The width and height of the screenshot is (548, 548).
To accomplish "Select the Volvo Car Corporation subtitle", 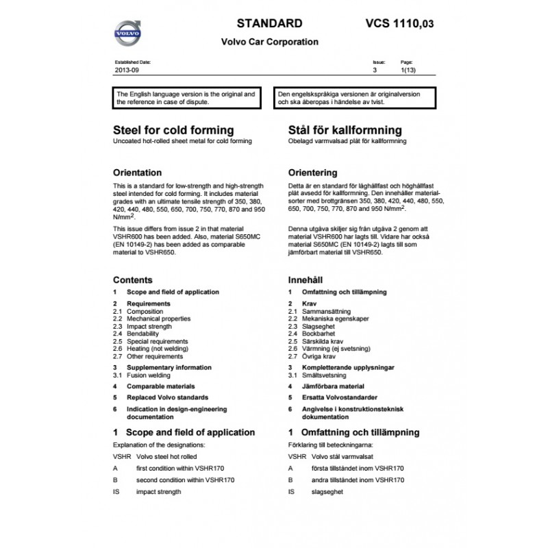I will pyautogui.click(x=269, y=42).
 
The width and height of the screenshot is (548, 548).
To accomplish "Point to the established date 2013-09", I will pyautogui.click(x=127, y=70).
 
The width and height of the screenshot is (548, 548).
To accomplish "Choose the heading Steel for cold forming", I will pyautogui.click(x=173, y=130).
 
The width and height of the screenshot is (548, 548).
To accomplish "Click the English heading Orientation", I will pyautogui.click(x=137, y=173).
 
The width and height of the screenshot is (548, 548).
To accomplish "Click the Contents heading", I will pyautogui.click(x=132, y=280).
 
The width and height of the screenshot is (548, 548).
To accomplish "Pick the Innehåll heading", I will pyautogui.click(x=306, y=280).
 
